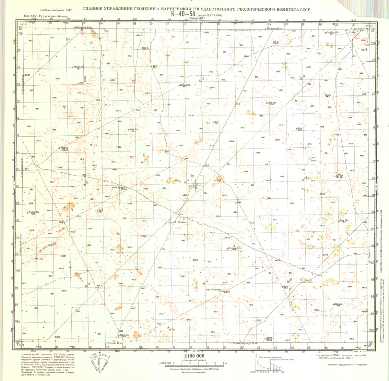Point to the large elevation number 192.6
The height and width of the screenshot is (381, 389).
276,43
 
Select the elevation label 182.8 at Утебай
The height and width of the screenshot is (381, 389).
65,149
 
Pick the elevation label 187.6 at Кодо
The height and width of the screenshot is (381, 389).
339,177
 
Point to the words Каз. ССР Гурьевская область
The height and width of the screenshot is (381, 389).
46,16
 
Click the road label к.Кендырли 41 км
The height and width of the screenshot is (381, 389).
83,28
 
